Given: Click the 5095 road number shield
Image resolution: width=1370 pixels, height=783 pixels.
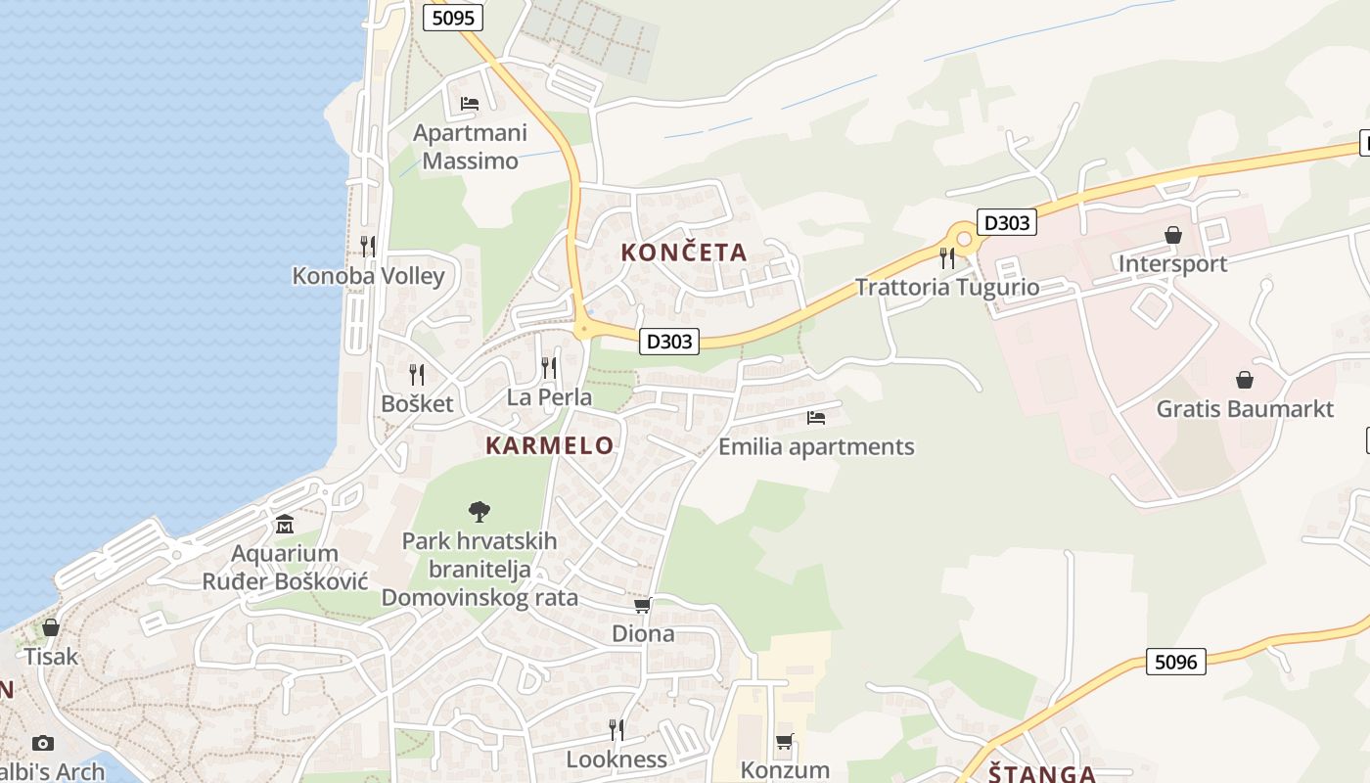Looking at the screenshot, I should pyautogui.click(x=453, y=17).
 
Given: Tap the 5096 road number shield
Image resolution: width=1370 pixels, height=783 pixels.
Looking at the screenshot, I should pyautogui.click(x=1175, y=662).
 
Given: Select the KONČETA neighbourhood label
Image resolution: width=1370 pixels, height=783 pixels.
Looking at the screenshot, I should pyautogui.click(x=684, y=253).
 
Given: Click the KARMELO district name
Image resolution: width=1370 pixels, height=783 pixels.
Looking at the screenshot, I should pyautogui.click(x=550, y=446).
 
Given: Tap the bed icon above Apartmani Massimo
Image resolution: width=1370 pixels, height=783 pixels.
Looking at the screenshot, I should pyautogui.click(x=470, y=103).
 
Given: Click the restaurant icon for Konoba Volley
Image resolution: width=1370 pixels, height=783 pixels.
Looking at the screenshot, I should pyautogui.click(x=368, y=246).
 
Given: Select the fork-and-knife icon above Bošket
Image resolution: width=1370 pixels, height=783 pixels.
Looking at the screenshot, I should pyautogui.click(x=417, y=374).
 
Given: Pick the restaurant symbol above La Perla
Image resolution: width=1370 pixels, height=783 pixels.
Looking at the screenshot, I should pyautogui.click(x=549, y=368).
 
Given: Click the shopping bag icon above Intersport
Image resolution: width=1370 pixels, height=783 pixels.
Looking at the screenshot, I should pyautogui.click(x=1172, y=235).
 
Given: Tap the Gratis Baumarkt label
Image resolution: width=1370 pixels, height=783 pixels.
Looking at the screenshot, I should pyautogui.click(x=1245, y=408).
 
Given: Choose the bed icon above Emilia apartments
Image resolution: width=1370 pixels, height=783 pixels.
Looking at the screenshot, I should pyautogui.click(x=816, y=418).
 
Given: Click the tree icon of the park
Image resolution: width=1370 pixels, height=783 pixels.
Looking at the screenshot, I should pyautogui.click(x=479, y=510).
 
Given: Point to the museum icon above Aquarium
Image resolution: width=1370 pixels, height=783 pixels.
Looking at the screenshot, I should pyautogui.click(x=285, y=525).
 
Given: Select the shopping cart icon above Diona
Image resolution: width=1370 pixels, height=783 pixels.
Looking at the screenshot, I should pyautogui.click(x=643, y=606).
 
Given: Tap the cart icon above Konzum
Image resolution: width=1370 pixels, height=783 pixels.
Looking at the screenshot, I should pyautogui.click(x=784, y=742).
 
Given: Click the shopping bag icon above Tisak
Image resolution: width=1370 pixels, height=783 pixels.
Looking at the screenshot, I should pyautogui.click(x=50, y=626).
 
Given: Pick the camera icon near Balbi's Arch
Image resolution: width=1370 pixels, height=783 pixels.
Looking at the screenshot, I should pyautogui.click(x=43, y=743).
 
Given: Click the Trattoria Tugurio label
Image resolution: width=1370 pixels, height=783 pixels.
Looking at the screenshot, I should pyautogui.click(x=946, y=287).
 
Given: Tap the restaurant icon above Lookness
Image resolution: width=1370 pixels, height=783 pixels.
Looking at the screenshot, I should pyautogui.click(x=616, y=729).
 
